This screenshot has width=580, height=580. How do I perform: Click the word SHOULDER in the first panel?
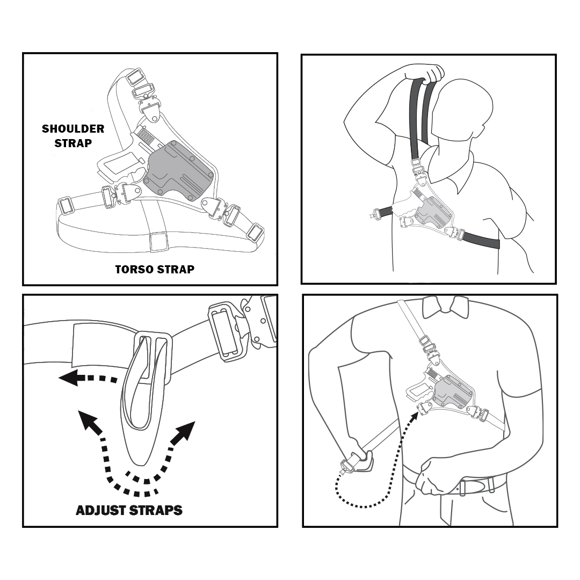point(73,129)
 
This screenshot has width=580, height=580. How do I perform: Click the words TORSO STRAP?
point(155,269)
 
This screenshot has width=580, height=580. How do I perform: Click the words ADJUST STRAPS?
point(129,510)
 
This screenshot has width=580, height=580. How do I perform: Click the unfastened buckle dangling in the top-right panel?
point(375,214)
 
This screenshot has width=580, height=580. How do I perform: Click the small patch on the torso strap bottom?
point(158,242)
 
